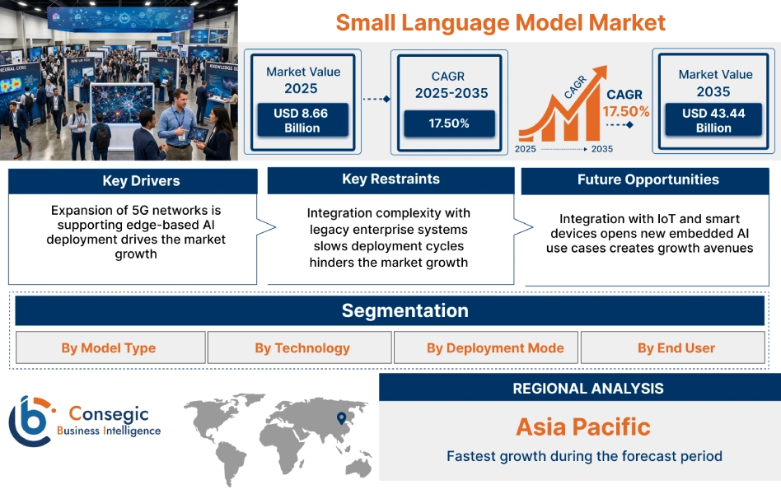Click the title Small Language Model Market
(500, 22)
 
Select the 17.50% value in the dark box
(449, 123)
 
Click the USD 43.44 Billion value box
(713, 120)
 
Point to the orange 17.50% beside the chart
(626, 111)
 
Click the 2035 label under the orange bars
(601, 149)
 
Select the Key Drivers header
(141, 181)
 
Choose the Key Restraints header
(390, 179)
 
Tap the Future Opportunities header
(648, 180)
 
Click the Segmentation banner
(405, 311)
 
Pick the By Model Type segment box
(109, 348)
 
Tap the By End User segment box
(676, 348)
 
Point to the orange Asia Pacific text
(582, 426)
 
